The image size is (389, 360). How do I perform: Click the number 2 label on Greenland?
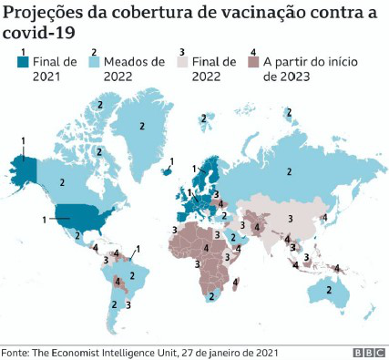click(142, 126)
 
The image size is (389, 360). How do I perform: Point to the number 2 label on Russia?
click(289, 171)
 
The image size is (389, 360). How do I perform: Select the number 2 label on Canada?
click(63, 181)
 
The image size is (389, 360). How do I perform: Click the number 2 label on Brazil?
click(132, 274)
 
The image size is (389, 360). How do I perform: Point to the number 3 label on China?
click(289, 218)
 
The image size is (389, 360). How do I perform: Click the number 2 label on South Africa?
click(213, 296)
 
